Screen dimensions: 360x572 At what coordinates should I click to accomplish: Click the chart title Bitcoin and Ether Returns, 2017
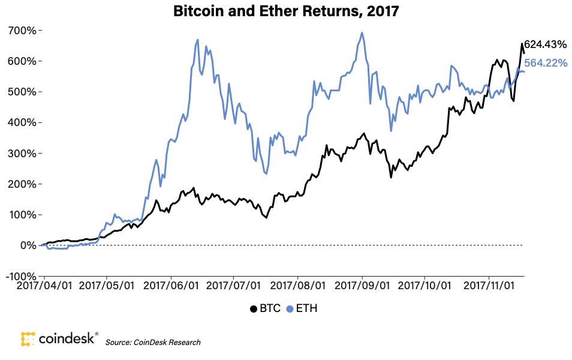pos(286,11)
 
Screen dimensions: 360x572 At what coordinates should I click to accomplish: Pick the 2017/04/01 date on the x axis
pos(45,289)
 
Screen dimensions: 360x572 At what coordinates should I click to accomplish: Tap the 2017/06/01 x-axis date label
pos(171,289)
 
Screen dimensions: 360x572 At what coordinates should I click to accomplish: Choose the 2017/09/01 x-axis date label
pos(362,289)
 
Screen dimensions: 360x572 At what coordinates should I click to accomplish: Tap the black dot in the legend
pos(254,309)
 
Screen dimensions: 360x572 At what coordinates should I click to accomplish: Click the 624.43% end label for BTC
pos(546,44)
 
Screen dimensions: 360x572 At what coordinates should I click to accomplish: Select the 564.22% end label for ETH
pos(546,63)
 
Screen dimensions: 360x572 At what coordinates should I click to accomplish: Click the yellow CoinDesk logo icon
pos(28,339)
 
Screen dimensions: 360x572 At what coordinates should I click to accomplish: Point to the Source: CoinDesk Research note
pos(153,342)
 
